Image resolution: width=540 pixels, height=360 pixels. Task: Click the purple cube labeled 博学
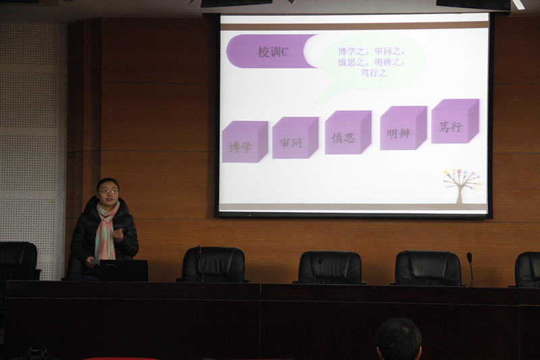tap(245, 142)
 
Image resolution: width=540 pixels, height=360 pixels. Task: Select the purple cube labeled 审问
tap(295, 138)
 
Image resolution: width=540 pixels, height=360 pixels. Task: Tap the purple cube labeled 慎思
tap(348, 132)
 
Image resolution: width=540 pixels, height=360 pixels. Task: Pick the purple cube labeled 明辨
tap(403, 128)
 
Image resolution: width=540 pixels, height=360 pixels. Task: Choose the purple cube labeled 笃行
tap(455, 121)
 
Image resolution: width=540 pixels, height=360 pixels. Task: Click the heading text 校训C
tap(273, 52)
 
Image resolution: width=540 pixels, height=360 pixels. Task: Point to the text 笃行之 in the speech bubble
tap(374, 73)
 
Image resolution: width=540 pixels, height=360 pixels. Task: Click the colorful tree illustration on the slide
tap(462, 185)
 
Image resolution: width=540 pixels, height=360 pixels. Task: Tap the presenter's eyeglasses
tap(108, 192)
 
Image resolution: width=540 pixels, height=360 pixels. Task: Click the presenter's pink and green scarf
tap(106, 230)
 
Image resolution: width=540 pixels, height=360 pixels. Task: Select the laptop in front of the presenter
tap(124, 270)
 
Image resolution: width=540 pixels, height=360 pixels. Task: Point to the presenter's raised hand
tap(117, 234)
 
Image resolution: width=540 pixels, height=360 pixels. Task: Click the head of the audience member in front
tap(398, 339)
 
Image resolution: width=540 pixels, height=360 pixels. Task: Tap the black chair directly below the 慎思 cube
tap(329, 267)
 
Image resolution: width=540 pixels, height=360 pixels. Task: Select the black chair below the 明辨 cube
tap(427, 268)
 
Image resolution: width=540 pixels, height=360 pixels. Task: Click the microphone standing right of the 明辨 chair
tap(470, 269)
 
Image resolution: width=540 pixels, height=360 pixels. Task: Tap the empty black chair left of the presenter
tap(18, 261)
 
